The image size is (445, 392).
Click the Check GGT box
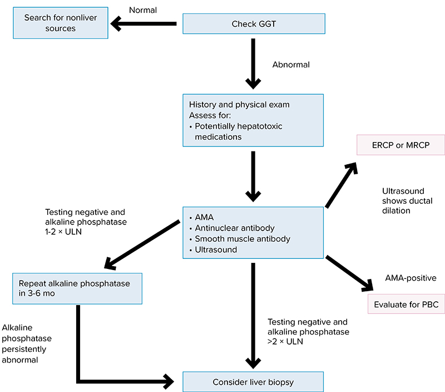click(x=253, y=24)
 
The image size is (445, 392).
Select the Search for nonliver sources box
click(x=61, y=23)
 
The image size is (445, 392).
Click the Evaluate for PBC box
click(x=406, y=305)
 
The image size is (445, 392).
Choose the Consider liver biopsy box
click(x=253, y=382)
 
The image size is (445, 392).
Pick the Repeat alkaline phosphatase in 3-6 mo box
click(x=77, y=288)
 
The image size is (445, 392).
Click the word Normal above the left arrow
click(x=144, y=9)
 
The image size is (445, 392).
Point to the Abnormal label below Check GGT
click(x=291, y=65)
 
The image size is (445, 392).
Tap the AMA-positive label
click(x=411, y=277)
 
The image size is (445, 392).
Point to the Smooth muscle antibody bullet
click(x=243, y=239)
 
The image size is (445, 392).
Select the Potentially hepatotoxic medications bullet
click(x=238, y=131)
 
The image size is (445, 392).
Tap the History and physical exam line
click(x=239, y=105)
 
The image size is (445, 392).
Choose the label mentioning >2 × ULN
click(x=308, y=332)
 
